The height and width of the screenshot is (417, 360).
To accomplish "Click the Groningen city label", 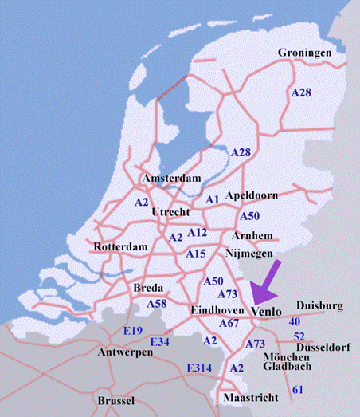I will [304, 53].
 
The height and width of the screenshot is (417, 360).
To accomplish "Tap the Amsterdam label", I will [170, 178].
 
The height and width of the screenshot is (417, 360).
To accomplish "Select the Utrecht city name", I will [170, 213].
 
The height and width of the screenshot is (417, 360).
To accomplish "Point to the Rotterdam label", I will [121, 247].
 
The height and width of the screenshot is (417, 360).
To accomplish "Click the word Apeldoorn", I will [252, 195].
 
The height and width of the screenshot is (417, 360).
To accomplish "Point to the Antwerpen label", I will [125, 352].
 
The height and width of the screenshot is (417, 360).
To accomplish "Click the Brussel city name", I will [116, 400].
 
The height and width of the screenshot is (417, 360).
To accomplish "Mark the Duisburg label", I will [319, 305].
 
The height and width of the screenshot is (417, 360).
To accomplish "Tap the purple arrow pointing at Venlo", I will [266, 279].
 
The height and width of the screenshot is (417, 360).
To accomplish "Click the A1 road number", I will [212, 199].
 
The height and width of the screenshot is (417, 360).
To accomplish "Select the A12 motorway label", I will [198, 233].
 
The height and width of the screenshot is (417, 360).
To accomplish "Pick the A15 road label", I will [196, 254].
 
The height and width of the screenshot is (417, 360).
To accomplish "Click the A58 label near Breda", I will [158, 304].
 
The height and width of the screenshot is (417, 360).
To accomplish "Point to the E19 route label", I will [132, 330].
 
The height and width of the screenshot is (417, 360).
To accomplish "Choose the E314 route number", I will [200, 368].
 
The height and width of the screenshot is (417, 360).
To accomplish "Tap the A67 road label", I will [229, 323].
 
